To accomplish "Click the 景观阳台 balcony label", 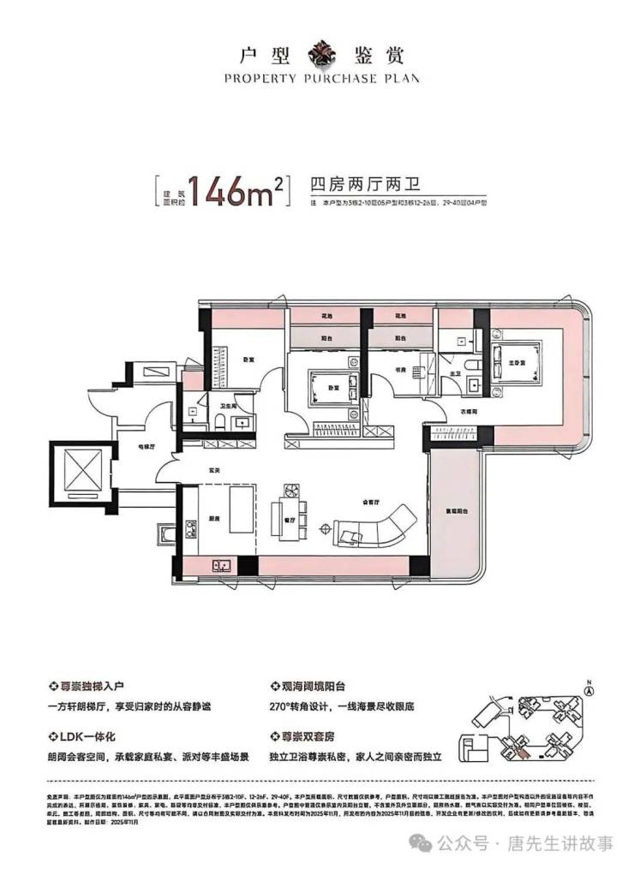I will point(453,502).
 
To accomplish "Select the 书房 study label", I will point(399,370).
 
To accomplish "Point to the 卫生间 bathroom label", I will point(230,407).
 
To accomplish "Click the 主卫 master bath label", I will point(457,372).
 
